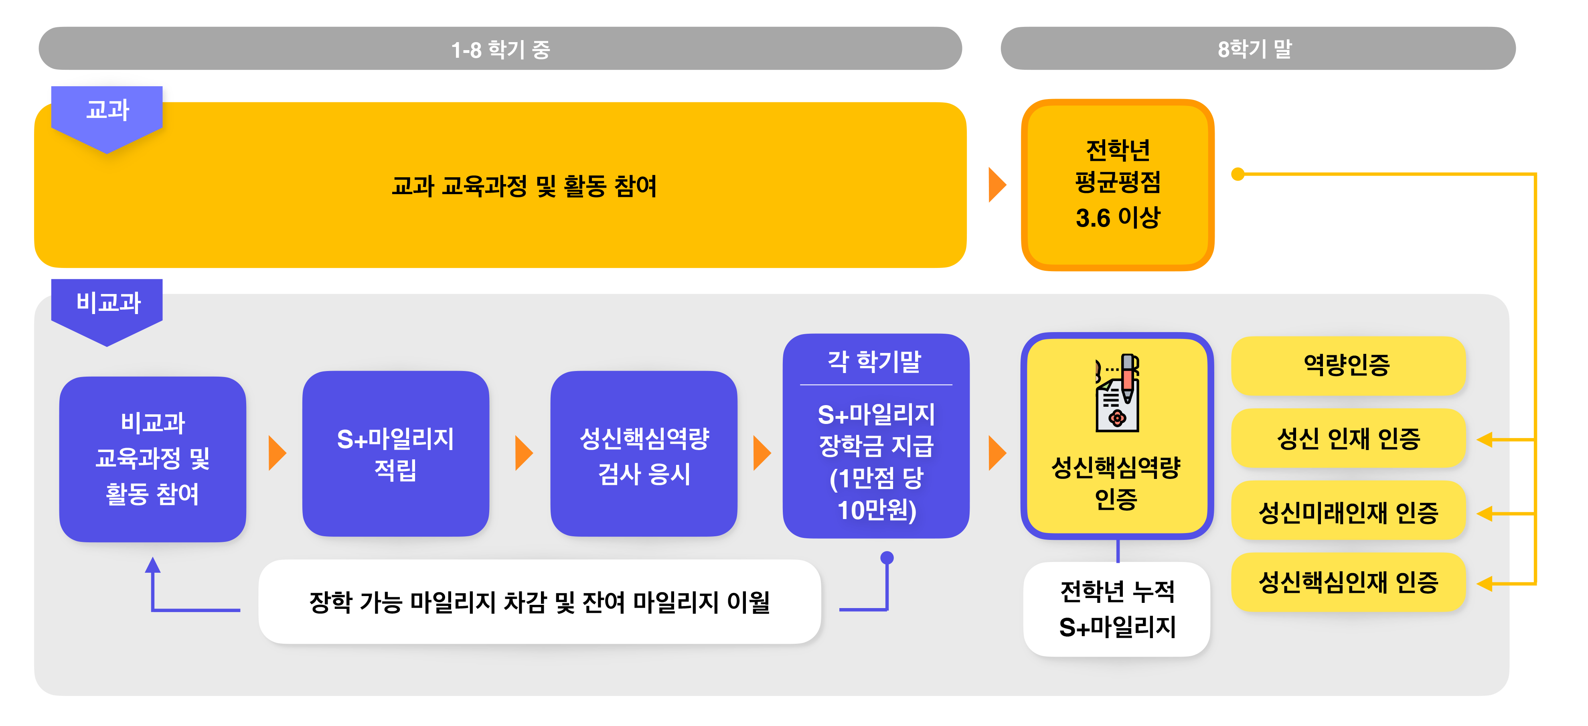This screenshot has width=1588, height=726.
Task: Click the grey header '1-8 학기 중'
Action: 500,48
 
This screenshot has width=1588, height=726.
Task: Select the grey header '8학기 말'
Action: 1258,48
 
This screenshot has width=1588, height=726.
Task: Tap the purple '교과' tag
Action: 107,117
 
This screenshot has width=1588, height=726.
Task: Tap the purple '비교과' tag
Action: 107,310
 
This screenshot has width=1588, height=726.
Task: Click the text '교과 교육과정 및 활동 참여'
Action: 524,186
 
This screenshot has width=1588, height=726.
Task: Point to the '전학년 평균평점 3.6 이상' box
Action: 1117,185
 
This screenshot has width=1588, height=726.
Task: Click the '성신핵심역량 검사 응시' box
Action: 644,453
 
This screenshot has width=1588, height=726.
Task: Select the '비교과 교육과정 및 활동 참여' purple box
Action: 152,459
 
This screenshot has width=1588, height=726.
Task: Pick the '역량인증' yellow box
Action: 1347,365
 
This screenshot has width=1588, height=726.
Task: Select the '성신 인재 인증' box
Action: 1347,438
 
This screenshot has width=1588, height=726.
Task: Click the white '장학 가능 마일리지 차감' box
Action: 539,601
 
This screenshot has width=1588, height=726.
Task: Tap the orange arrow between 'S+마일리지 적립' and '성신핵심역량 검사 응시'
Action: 523,453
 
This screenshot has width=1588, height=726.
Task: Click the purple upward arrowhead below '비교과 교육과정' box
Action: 152,564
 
